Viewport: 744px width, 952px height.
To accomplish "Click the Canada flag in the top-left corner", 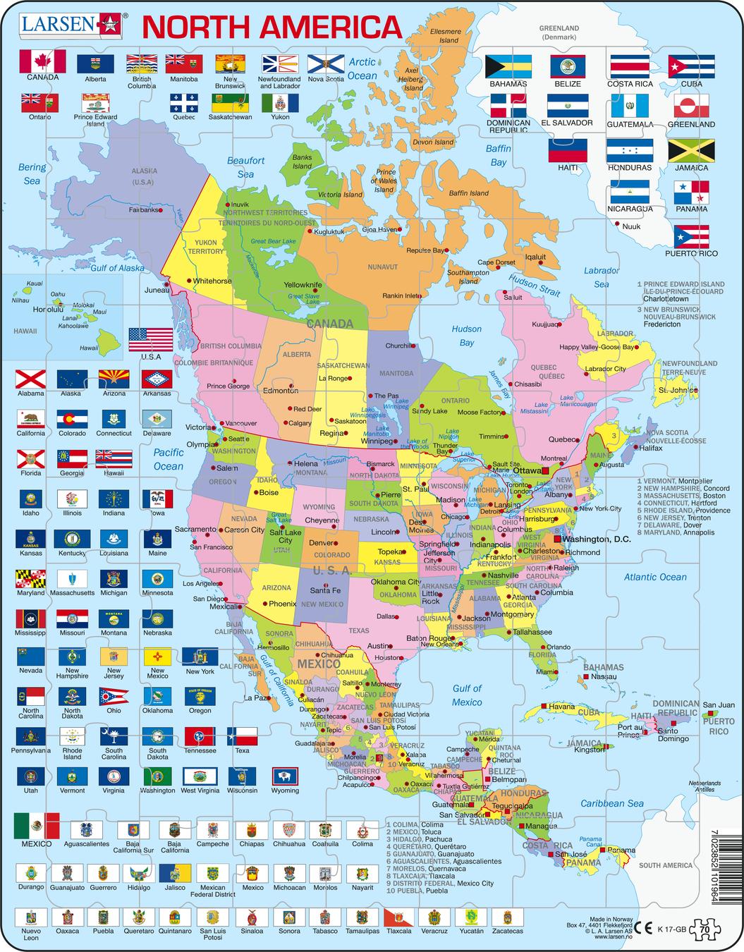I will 43,61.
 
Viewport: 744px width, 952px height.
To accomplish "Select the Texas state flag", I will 242,737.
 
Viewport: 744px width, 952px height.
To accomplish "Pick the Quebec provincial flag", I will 184,103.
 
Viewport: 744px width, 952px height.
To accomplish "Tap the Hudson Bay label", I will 466,336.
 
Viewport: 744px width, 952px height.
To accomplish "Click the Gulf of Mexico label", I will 467,695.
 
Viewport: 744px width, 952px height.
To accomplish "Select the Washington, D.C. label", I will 592,539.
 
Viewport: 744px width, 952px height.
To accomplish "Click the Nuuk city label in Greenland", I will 632,226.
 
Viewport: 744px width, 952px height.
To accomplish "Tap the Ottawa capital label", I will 526,470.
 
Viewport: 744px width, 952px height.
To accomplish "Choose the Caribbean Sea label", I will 612,803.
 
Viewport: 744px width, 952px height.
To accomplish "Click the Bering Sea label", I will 32,173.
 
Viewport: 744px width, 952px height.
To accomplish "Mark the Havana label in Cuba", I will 562,706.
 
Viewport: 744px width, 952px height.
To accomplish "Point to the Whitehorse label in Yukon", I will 212,281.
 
